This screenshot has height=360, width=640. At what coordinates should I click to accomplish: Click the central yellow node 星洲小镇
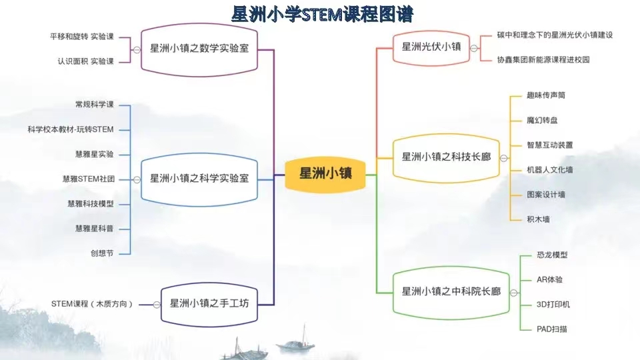[x=325, y=174]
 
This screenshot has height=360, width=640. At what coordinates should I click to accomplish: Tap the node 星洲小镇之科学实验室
[x=199, y=179]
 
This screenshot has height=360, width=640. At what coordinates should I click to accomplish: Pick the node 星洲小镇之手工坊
[x=209, y=305]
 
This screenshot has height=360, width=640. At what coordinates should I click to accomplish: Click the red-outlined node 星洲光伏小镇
[x=431, y=48]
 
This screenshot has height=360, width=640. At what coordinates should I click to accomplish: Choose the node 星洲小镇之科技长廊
[x=446, y=157]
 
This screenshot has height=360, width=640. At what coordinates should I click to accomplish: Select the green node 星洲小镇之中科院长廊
[x=451, y=293]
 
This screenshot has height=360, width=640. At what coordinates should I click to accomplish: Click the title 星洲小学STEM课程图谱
[x=322, y=14]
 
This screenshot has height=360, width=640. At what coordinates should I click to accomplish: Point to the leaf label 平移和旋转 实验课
[x=82, y=37]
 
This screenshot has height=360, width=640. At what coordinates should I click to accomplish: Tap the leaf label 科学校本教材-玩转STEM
[x=71, y=129]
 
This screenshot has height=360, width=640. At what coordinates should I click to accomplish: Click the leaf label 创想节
[x=102, y=253]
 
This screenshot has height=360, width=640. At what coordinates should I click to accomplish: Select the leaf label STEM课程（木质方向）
[x=92, y=304]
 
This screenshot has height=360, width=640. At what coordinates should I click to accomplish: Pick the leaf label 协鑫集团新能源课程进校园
[x=543, y=60]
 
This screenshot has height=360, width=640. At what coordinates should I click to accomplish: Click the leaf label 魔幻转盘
[x=542, y=121]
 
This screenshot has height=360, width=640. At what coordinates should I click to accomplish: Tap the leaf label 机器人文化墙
[x=550, y=170]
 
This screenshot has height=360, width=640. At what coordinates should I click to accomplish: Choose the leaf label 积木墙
[x=538, y=219]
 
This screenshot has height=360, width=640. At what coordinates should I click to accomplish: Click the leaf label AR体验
[x=549, y=279]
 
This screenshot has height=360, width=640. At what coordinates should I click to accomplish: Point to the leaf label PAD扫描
[x=552, y=329]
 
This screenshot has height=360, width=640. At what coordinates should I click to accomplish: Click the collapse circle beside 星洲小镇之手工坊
[x=157, y=305]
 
